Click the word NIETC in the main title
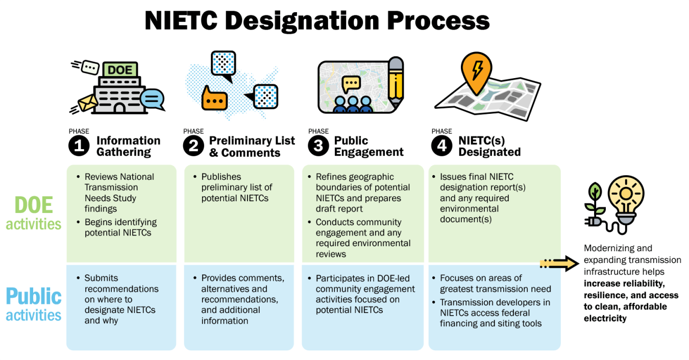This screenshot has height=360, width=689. (180, 21)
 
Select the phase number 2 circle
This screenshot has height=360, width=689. (193, 146)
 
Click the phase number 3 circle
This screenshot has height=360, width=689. (318, 146)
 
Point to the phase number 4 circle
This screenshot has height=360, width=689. (441, 146)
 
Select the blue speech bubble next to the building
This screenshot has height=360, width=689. (152, 99)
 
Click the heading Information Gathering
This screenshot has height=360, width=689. (128, 146)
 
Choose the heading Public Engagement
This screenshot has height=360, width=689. (368, 146)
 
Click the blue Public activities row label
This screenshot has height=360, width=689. (34, 304)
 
